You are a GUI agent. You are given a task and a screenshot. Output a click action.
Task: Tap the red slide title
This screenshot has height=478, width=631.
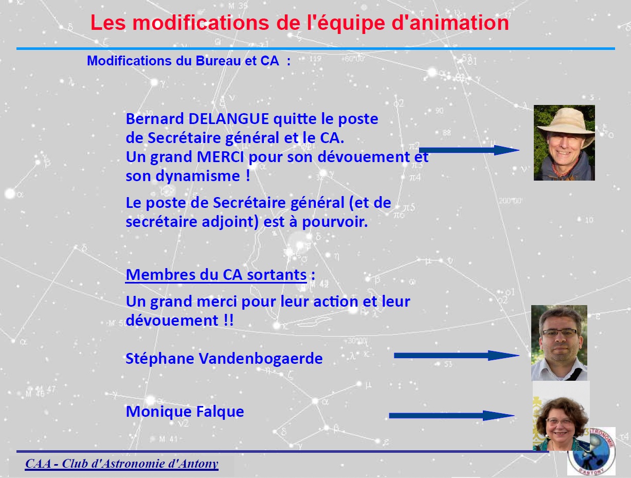pos(299,23)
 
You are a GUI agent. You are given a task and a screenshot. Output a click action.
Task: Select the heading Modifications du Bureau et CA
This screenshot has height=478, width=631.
pos(189,61)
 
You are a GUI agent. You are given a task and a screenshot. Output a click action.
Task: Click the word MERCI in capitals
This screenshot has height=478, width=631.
pos(220,157)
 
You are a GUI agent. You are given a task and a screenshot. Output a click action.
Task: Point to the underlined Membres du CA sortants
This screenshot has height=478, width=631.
pos(216,274)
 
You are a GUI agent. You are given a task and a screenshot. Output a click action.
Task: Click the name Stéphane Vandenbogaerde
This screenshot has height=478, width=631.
pos(224,358)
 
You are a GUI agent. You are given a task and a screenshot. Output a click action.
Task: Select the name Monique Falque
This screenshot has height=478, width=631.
pos(185,411)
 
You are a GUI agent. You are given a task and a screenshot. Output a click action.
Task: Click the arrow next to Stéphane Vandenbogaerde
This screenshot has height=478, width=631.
pos(457,356)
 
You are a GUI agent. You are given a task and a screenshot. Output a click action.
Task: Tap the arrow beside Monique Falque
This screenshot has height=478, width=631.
pos(452,415)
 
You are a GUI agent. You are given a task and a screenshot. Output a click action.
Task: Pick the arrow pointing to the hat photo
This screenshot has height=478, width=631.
pos(469,150)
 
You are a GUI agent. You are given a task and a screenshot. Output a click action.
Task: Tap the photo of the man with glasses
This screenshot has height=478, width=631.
pos(559,343)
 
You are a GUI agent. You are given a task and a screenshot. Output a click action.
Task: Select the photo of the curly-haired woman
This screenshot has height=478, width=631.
pos(561,416)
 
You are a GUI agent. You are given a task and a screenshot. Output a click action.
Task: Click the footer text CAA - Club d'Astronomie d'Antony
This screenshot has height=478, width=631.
pos(121,463)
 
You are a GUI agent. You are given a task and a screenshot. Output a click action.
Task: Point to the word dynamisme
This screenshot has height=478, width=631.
pos(198,176)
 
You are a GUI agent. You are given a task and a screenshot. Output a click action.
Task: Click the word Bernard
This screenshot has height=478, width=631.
pos(155,118)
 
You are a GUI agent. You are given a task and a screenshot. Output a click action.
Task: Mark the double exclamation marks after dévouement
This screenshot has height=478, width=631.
pos(228,320)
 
